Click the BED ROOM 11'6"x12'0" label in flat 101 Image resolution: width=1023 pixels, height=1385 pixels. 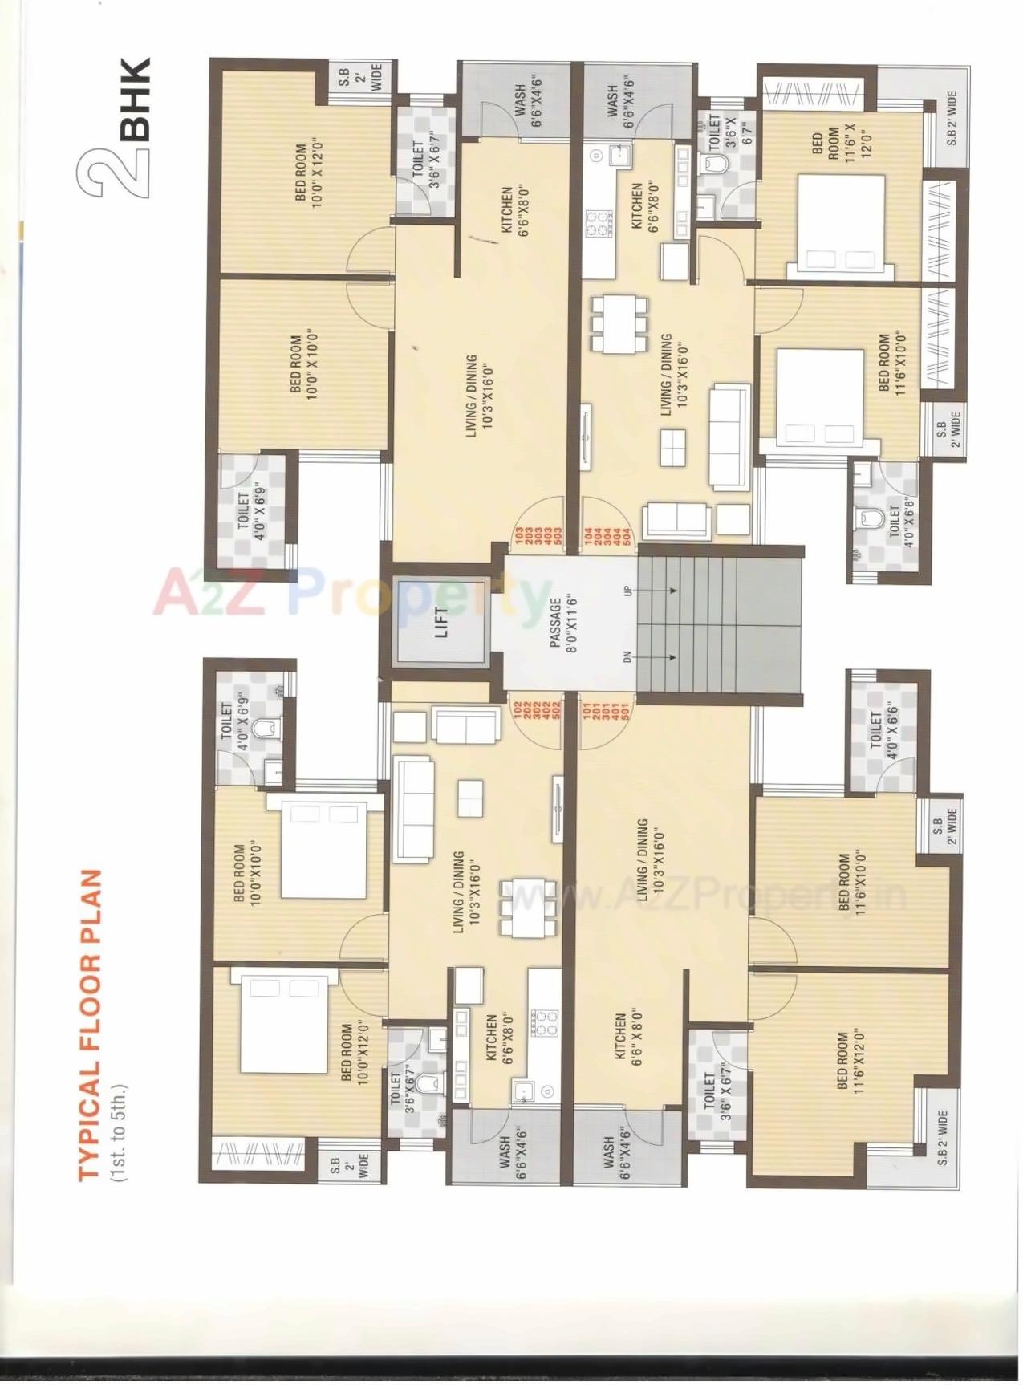850,1065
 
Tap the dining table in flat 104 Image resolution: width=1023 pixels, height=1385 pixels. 619,323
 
